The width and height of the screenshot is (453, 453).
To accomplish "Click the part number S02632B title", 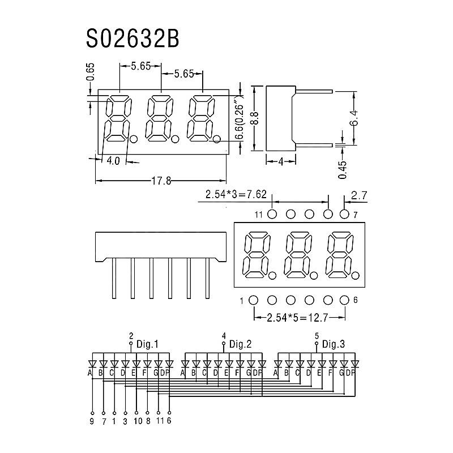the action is (133, 39).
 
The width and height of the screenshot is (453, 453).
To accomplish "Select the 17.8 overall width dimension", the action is (161, 181).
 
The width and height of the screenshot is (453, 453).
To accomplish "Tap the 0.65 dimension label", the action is (91, 72).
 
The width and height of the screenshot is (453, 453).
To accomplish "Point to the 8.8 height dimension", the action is (255, 118).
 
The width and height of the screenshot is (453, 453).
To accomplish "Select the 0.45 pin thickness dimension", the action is (343, 170).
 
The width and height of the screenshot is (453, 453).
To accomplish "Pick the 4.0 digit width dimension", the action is (113, 161).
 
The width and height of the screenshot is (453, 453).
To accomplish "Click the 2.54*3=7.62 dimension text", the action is (236, 194).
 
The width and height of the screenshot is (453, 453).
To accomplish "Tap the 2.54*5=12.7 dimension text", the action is (298, 318).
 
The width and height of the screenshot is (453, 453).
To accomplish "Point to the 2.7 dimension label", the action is (359, 196).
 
